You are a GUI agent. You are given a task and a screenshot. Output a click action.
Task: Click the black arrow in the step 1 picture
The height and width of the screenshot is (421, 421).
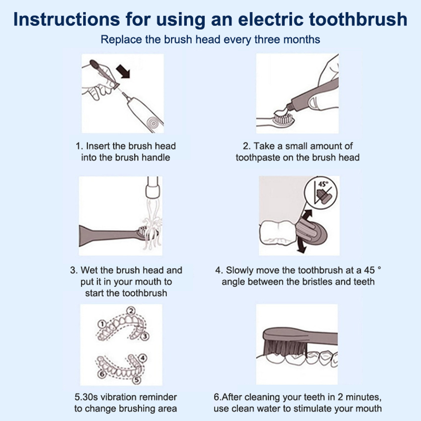123,72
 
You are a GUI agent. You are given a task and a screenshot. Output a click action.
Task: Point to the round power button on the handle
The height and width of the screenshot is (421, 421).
153,123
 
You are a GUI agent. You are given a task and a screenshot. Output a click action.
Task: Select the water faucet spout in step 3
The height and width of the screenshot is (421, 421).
153,187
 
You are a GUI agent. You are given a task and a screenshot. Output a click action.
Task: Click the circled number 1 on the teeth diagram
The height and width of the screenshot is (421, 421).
102,324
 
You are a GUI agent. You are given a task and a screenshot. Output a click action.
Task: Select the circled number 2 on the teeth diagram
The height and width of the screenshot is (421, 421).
131,311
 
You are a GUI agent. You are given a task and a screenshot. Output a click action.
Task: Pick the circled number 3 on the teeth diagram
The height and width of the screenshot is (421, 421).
145,336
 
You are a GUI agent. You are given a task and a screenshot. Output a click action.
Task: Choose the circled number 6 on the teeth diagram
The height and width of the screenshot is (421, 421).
102,374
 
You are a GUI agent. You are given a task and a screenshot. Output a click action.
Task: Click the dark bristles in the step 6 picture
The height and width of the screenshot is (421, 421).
285,347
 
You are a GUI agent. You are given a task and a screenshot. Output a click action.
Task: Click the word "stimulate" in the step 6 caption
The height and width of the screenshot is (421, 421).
314,409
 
